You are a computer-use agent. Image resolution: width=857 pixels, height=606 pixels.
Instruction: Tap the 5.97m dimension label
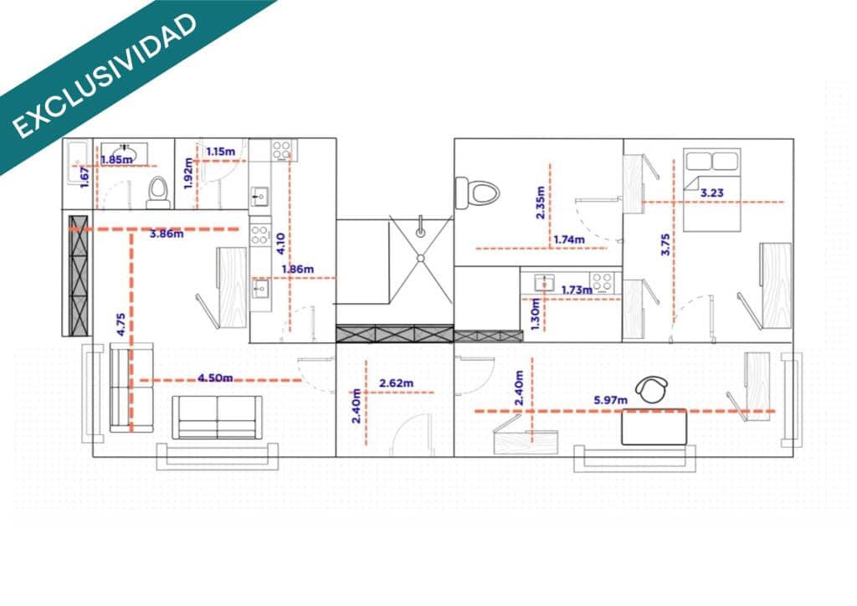point(611,401)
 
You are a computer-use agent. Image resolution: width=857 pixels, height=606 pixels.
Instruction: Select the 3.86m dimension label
point(166,234)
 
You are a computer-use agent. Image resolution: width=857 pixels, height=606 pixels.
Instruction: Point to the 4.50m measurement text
point(216,377)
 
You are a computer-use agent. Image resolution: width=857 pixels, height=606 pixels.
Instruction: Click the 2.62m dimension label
point(397,383)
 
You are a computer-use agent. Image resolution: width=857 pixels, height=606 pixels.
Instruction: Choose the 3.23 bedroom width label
point(712,193)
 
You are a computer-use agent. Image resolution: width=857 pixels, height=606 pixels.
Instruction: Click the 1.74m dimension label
point(569,240)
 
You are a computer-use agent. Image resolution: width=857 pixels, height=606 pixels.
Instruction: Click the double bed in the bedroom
point(712,191)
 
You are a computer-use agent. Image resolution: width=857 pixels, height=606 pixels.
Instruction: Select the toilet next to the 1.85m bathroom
point(157,193)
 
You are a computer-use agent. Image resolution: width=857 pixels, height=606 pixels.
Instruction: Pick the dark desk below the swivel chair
point(654,426)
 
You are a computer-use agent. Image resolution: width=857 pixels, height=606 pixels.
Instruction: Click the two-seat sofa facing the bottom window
point(217,417)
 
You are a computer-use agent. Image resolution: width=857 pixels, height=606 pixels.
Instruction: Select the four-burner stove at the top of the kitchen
point(283,151)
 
